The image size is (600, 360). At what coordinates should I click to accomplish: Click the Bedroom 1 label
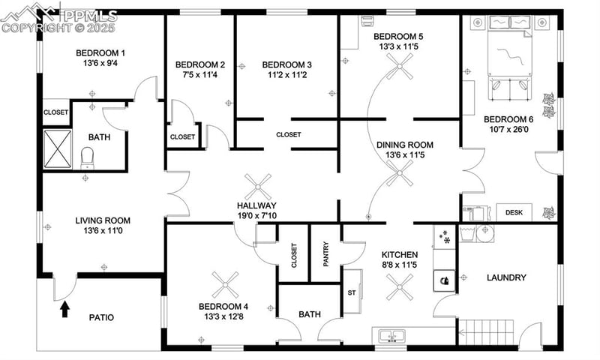pyautogui.click(x=100, y=52)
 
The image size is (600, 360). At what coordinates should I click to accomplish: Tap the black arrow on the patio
pyautogui.click(x=64, y=306)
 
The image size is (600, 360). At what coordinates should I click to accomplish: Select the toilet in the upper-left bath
pyautogui.click(x=87, y=157)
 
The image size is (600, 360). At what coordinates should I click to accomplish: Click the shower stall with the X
pyautogui.click(x=56, y=148)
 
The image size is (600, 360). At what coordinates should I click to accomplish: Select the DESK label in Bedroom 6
pyautogui.click(x=514, y=213)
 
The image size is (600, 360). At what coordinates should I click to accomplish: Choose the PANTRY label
pyautogui.click(x=325, y=253)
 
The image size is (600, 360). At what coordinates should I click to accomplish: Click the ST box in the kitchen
pyautogui.click(x=351, y=292)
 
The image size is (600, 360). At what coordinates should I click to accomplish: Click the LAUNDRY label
pyautogui.click(x=506, y=277)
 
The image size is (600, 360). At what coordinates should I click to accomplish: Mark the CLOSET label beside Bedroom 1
pyautogui.click(x=55, y=112)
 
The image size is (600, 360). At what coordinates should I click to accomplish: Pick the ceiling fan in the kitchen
pyautogui.click(x=400, y=284)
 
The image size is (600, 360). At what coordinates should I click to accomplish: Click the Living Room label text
pyautogui.click(x=103, y=220)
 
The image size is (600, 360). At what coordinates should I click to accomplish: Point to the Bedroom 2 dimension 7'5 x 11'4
pyautogui.click(x=200, y=75)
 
